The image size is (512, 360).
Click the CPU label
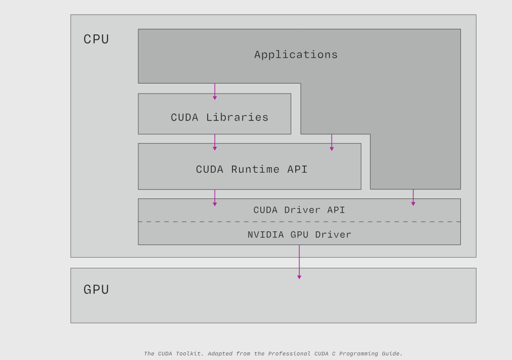[x=96, y=39]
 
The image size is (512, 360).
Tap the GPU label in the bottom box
[x=96, y=290]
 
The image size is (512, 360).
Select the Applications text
[x=296, y=55]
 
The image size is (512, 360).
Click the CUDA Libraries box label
[x=219, y=117]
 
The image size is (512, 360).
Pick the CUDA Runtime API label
[x=252, y=170]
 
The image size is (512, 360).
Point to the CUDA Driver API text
[x=299, y=210]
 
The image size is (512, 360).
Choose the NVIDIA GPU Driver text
[x=299, y=235]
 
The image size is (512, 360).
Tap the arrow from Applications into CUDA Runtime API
[x=332, y=142]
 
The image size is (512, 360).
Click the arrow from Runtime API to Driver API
[x=215, y=197]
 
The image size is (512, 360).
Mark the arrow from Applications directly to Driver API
[x=413, y=197]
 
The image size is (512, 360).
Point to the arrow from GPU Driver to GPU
[x=299, y=262]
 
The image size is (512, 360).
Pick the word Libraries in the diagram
[x=237, y=117]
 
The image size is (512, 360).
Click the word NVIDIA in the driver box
[x=266, y=235]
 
